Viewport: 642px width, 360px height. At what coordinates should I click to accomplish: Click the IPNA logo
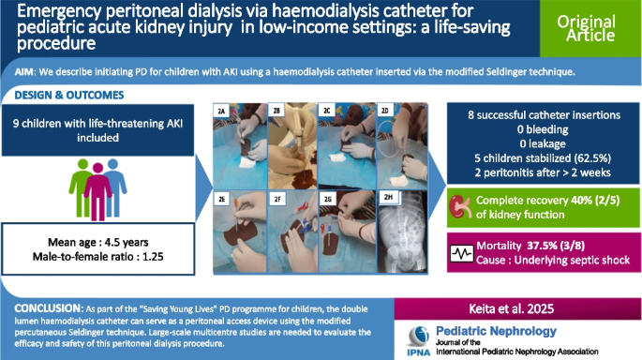[x=425, y=338]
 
